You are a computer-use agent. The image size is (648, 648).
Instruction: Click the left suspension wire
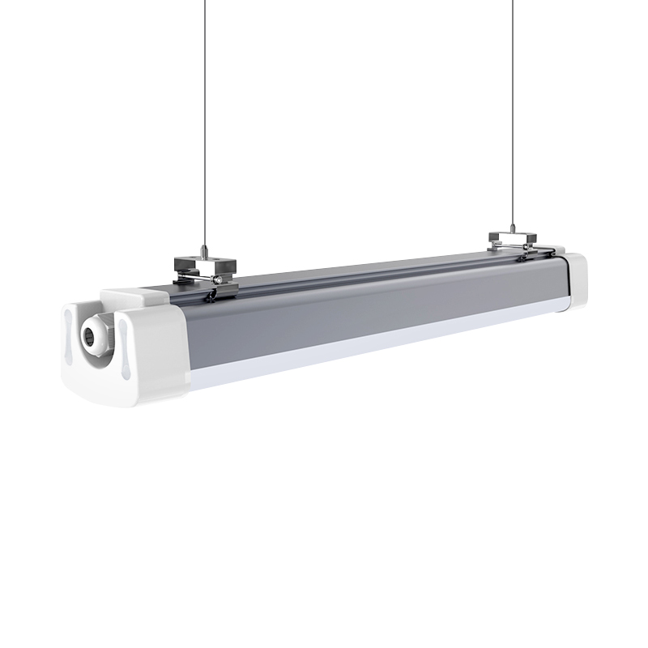point(203,122)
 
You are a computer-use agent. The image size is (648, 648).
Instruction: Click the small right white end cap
point(576,279)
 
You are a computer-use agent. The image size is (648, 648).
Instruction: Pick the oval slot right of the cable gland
point(123,340)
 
